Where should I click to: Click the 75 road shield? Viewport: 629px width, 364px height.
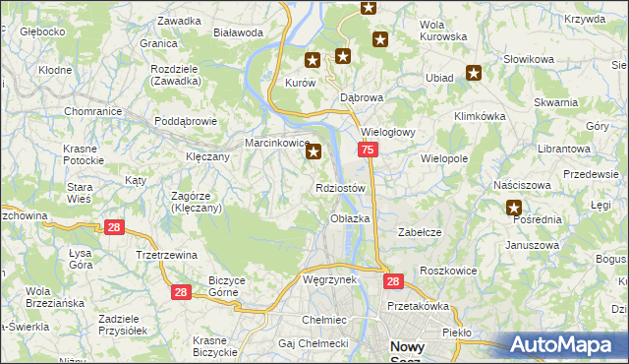pos(367,150)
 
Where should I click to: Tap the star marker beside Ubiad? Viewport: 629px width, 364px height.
pos(474,72)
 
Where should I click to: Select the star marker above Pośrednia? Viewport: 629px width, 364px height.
pos(514,208)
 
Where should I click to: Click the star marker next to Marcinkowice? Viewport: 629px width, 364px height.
pos(314,152)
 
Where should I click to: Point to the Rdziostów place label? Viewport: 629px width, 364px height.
pos(341,188)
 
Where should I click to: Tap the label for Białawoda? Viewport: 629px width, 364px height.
pos(235,31)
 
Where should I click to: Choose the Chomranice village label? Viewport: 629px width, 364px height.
pos(92,111)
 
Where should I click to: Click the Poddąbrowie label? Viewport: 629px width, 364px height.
pos(185,122)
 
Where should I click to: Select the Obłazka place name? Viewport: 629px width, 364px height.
pos(350,218)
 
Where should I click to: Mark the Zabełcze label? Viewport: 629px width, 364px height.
pos(418,232)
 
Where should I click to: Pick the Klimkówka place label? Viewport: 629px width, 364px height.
pos(479,115)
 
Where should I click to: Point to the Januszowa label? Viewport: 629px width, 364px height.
pos(533,245)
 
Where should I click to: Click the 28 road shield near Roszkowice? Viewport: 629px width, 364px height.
pos(393,281)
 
